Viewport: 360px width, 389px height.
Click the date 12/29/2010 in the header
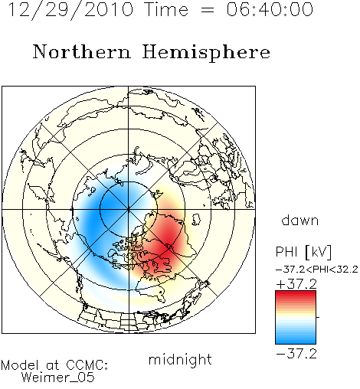click(70, 9)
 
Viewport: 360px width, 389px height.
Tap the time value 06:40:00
click(270, 9)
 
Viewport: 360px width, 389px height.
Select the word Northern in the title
click(82, 52)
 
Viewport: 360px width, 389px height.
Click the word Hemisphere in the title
click(206, 53)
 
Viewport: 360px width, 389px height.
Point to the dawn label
click(300, 221)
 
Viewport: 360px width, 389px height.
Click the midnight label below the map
click(180, 359)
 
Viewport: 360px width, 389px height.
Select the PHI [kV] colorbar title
click(303, 252)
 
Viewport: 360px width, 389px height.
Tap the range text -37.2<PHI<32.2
click(317, 270)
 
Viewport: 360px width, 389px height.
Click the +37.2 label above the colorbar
click(296, 284)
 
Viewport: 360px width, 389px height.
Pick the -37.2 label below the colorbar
click(296, 354)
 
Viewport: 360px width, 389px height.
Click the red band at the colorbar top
click(296, 294)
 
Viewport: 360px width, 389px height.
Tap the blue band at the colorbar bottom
click(296, 341)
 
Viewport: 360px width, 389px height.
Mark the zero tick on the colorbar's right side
click(318, 317)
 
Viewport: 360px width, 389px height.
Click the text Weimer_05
click(57, 378)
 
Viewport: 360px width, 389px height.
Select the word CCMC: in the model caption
click(87, 365)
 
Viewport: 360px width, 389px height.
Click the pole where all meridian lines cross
click(129, 209)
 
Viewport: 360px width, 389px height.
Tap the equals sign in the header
click(208, 11)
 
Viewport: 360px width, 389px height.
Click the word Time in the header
click(166, 9)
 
